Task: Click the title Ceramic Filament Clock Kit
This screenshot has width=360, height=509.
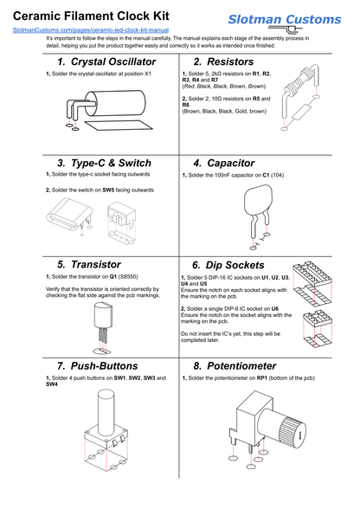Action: click(91, 16)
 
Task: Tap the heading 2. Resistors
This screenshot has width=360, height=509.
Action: click(223, 62)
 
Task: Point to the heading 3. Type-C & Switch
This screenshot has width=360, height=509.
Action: click(104, 163)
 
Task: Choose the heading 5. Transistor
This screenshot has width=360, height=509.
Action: click(89, 264)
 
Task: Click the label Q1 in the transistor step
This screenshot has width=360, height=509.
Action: click(112, 276)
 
